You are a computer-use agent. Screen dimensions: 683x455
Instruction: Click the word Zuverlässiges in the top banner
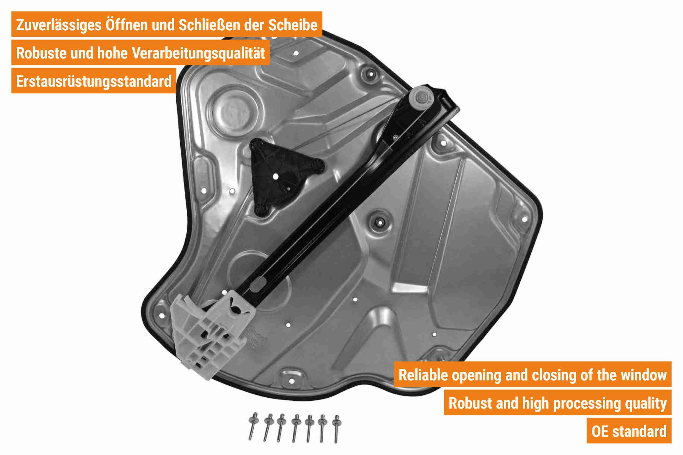(59, 25)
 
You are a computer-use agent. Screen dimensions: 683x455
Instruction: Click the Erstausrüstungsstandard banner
(93, 81)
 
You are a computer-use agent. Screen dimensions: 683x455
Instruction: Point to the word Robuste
(41, 53)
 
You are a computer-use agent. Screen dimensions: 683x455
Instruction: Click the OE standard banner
(629, 431)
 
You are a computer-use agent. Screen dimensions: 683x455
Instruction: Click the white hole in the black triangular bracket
(275, 176)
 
